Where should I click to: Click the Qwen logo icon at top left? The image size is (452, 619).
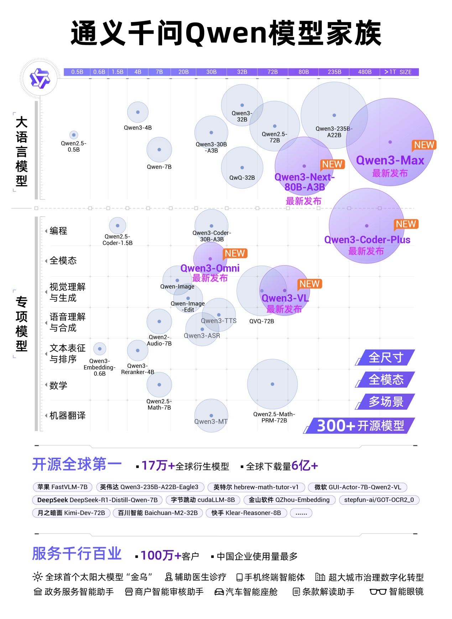[40, 78]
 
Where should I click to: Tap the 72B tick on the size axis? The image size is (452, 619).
[272, 72]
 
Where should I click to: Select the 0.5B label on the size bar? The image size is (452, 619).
[77, 72]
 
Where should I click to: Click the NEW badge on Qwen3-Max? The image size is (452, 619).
[424, 145]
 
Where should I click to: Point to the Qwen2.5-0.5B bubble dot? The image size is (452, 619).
[74, 135]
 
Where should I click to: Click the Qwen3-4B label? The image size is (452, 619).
[137, 128]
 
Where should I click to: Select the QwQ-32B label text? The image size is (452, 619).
[242, 178]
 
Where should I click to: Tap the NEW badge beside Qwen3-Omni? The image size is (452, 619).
[235, 253]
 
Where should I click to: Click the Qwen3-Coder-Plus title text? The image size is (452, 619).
[367, 240]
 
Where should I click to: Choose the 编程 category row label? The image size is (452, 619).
[58, 231]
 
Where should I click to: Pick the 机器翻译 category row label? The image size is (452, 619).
[67, 415]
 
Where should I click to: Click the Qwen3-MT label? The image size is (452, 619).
[211, 421]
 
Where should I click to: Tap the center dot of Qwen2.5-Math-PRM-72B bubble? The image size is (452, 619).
[272, 384]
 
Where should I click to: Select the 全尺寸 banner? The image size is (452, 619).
[386, 357]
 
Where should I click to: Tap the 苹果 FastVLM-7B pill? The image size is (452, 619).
[62, 487]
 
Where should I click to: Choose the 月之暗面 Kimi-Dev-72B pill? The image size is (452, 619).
[71, 513]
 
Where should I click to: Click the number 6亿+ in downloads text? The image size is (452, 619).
[304, 466]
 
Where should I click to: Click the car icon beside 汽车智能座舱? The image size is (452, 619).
[219, 592]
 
